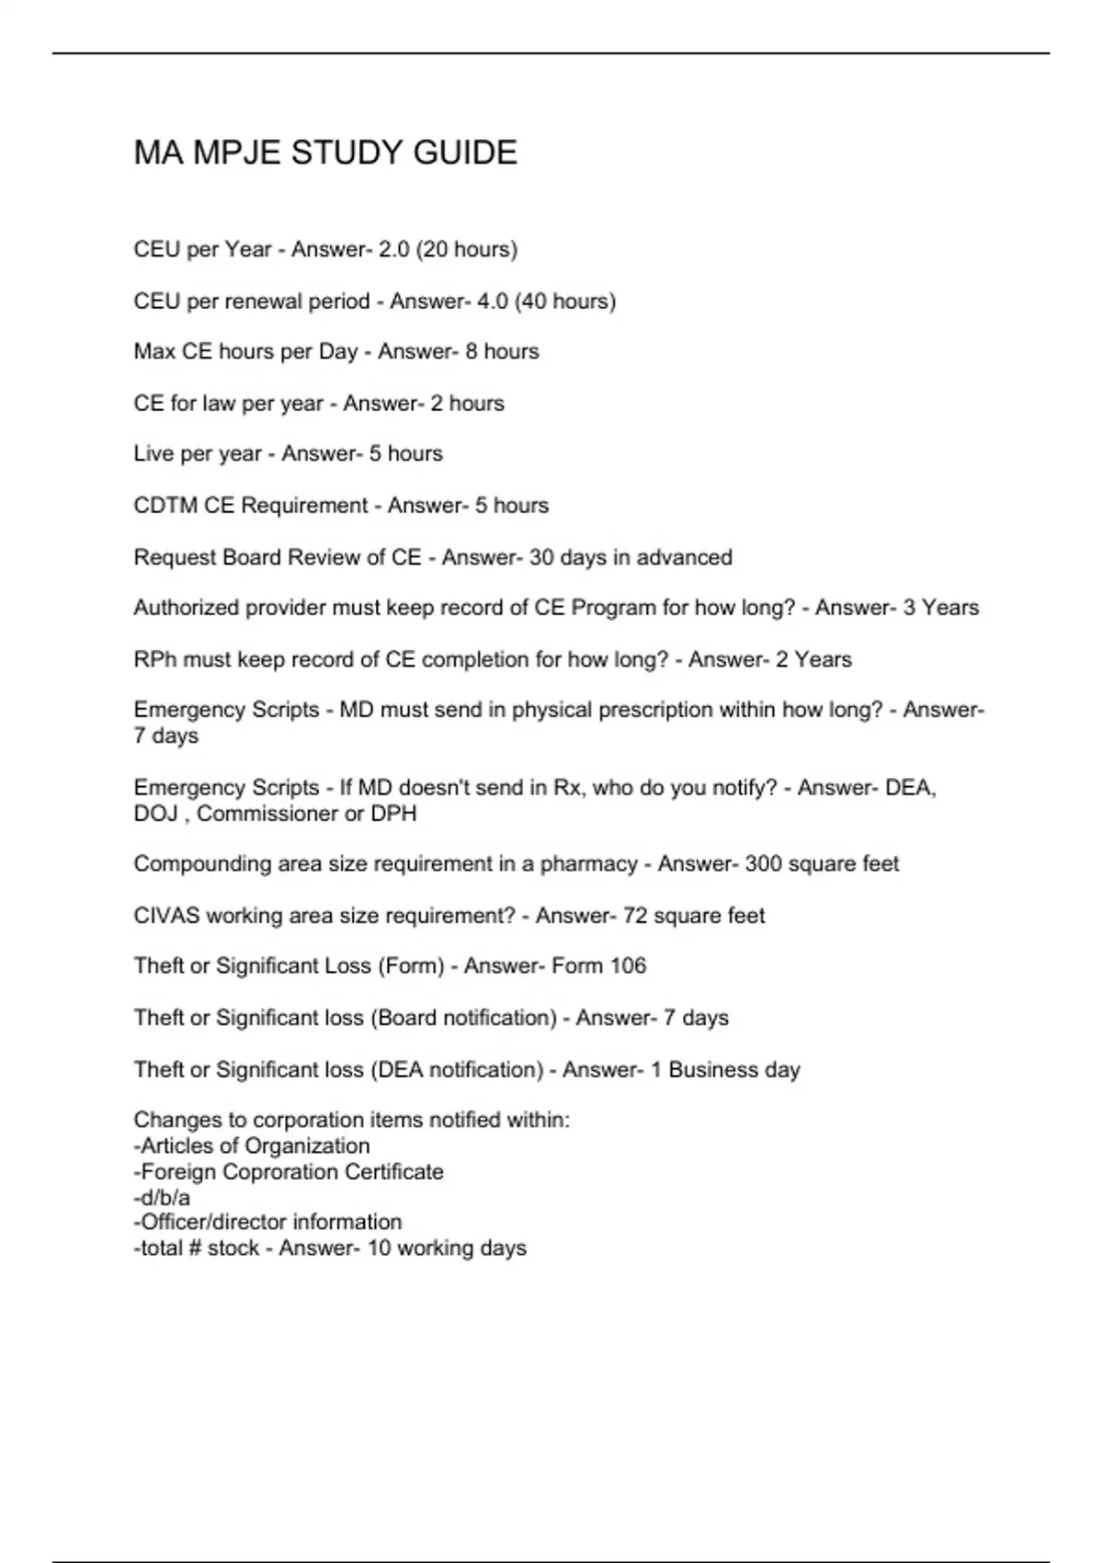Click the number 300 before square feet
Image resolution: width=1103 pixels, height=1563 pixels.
coord(763,864)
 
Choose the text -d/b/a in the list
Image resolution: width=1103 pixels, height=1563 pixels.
coord(162,1198)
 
